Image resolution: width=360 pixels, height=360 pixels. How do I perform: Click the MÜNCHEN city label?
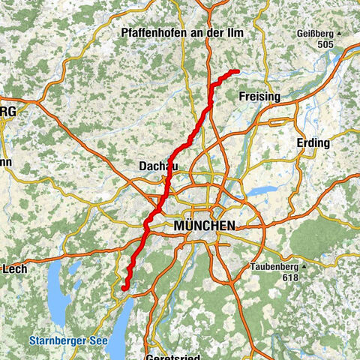click(x=204, y=226)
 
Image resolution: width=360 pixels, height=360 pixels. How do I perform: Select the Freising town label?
click(x=258, y=97)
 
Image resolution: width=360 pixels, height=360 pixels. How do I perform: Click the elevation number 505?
click(x=324, y=43)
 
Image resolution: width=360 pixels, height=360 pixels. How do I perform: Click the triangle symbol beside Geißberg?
click(x=339, y=34)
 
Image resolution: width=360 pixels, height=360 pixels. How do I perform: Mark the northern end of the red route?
click(x=236, y=71)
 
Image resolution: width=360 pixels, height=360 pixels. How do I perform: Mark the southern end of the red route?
click(x=123, y=287)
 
